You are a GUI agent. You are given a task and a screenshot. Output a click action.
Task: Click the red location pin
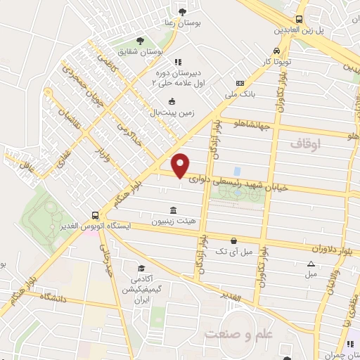pyautogui.click(x=181, y=165)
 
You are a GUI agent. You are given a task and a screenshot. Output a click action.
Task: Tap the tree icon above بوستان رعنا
pyautogui.click(x=183, y=11)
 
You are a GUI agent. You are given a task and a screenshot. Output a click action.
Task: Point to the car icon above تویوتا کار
pyautogui.click(x=277, y=51)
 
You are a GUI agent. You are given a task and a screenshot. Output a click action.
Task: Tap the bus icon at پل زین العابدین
pyautogui.click(x=300, y=20)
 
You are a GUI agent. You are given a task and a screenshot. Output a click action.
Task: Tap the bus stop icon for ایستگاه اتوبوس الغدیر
pyautogui.click(x=94, y=215)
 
